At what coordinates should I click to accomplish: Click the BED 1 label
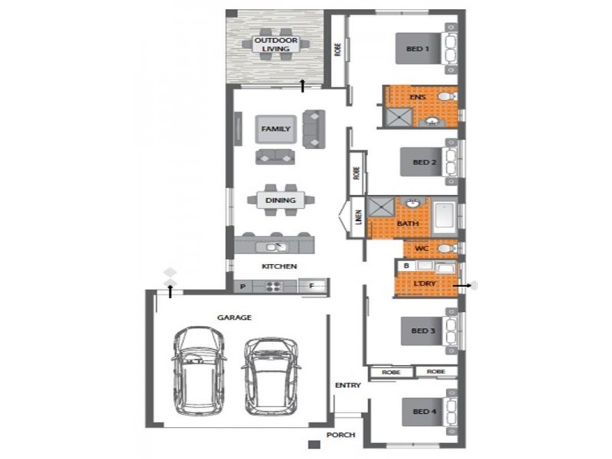tap(417, 49)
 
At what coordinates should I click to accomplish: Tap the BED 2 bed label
tap(424, 162)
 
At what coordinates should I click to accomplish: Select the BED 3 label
tap(424, 330)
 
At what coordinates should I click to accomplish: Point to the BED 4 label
tap(424, 412)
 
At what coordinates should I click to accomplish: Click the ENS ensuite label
tap(417, 98)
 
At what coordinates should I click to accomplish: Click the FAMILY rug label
tap(275, 129)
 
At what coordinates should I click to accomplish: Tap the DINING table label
tap(281, 200)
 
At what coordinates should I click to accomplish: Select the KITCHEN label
tap(279, 266)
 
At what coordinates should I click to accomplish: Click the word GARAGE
tap(236, 317)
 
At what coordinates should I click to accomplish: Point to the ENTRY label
tap(347, 386)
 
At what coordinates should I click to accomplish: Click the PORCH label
tap(340, 435)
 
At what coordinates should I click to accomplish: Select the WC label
tap(420, 249)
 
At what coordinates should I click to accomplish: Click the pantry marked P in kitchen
tap(243, 287)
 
